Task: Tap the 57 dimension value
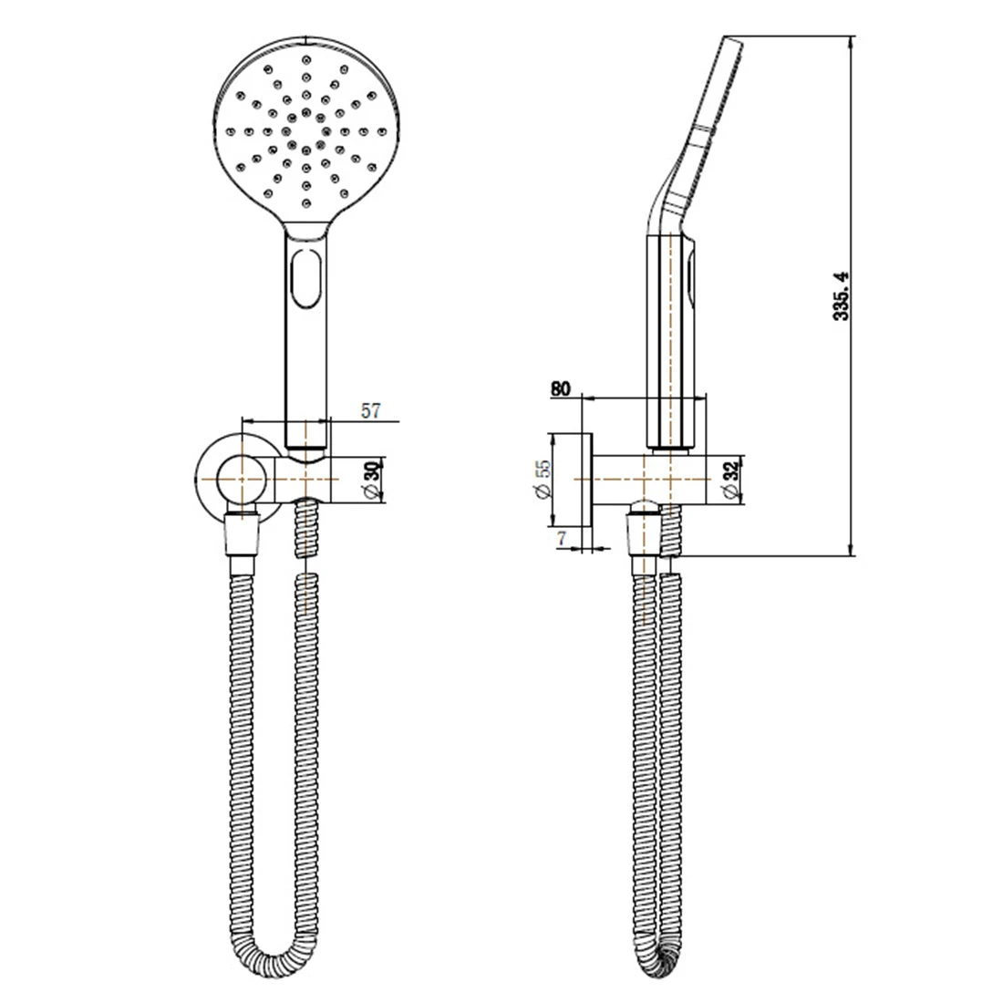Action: pyautogui.click(x=371, y=410)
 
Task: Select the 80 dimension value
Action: pyautogui.click(x=560, y=388)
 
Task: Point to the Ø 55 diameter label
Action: pyautogui.click(x=543, y=479)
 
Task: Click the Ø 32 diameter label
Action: pyautogui.click(x=731, y=479)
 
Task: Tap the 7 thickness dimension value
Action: pyautogui.click(x=562, y=539)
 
